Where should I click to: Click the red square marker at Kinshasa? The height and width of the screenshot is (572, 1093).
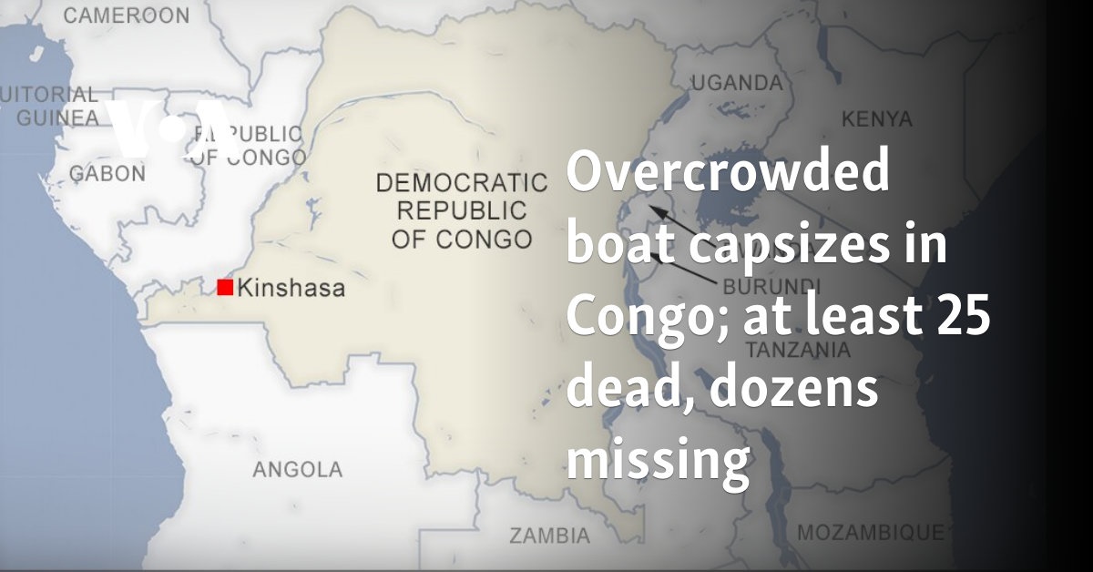tap(225, 288)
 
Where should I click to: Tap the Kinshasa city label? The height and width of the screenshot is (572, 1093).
tap(291, 289)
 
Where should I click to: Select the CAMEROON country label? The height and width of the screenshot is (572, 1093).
tap(127, 15)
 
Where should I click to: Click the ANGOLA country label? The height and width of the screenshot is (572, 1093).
tap(298, 470)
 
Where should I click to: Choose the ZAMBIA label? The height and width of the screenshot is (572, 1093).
tap(549, 535)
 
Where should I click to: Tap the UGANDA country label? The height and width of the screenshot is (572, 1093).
tap(736, 83)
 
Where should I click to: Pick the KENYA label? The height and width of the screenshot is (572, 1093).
tap(876, 118)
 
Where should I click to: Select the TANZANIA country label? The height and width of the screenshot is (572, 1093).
tap(798, 350)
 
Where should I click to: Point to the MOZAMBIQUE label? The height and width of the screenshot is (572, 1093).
tap(870, 532)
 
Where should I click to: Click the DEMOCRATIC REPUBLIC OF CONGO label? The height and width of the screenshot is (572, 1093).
tap(462, 210)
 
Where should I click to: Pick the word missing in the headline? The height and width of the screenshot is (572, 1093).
tap(658, 464)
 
